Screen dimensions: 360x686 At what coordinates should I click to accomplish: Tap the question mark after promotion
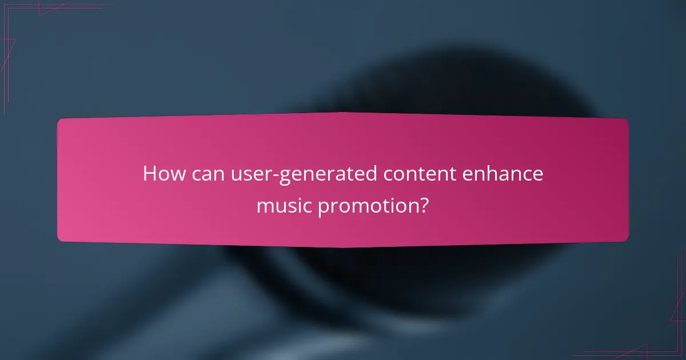point(422,205)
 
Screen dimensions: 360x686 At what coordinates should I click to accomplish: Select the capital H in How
point(149,173)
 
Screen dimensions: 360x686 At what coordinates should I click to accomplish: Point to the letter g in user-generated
point(286,176)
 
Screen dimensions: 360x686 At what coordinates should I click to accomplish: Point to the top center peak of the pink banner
point(343,113)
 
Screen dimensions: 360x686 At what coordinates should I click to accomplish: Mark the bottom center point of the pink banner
point(343,247)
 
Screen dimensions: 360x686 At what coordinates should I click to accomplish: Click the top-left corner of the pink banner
point(59,120)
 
